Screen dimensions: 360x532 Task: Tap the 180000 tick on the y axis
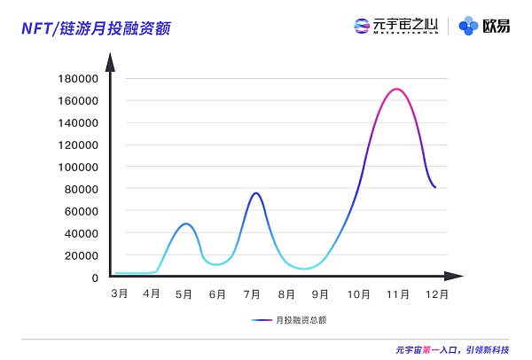pyautogui.click(x=78, y=78)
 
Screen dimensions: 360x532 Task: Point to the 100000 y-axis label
pyautogui.click(x=78, y=167)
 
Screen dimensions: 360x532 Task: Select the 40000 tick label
pyautogui.click(x=81, y=233)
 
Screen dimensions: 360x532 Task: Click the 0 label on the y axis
pyautogui.click(x=94, y=278)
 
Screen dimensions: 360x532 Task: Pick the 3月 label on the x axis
pyautogui.click(x=119, y=293)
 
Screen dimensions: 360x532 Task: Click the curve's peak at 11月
pyautogui.click(x=395, y=89)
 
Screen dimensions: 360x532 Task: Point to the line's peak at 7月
pyautogui.click(x=255, y=192)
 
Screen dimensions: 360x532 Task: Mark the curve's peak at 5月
pyautogui.click(x=185, y=223)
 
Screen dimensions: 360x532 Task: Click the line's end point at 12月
pyautogui.click(x=435, y=187)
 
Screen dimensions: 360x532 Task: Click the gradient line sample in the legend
pyautogui.click(x=262, y=319)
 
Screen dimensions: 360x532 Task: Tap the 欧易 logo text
pyautogui.click(x=497, y=26)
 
